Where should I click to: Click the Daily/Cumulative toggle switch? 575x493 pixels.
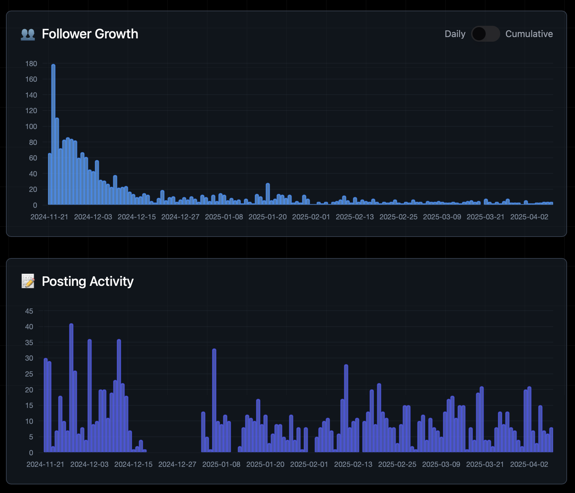click(485, 34)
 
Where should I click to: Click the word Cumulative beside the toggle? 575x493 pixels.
click(529, 34)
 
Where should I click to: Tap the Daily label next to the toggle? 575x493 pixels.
click(455, 34)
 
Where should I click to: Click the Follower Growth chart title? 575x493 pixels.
click(90, 34)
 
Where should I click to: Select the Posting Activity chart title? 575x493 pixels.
click(87, 281)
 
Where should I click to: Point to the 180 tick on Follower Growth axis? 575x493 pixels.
click(31, 64)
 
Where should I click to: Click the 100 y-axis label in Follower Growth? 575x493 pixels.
click(31, 126)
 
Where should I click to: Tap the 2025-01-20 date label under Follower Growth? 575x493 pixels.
click(267, 217)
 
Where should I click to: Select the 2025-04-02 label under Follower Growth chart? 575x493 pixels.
click(529, 217)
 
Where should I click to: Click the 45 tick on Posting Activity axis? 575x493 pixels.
click(29, 311)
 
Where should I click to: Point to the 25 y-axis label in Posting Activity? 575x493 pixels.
click(29, 374)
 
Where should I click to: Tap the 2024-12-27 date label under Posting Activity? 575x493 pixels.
click(177, 464)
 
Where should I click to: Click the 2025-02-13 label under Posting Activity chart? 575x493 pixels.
click(353, 464)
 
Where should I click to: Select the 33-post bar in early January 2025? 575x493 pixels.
click(214, 400)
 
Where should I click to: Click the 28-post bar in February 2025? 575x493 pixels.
click(346, 408)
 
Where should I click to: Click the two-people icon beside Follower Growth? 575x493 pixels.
click(28, 34)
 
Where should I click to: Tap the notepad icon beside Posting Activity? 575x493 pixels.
click(28, 281)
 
